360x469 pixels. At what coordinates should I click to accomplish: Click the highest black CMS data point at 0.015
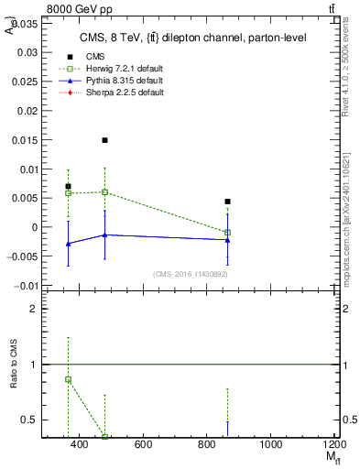[x=105, y=140]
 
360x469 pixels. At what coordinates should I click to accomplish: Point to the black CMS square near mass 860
[x=227, y=202]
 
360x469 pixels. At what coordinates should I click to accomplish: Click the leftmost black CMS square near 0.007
[x=68, y=187]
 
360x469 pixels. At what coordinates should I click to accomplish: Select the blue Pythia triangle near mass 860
[x=227, y=239]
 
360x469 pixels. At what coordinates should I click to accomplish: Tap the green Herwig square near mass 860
[x=227, y=233]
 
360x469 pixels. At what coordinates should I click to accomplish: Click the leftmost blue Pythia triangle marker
[x=68, y=244]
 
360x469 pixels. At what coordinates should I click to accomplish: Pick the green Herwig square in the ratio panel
[x=68, y=379]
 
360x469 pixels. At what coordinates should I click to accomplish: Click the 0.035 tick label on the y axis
[x=25, y=24]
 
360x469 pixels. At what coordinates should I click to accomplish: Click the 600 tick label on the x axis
[x=143, y=444]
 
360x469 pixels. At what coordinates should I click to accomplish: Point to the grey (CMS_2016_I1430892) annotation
[x=190, y=274]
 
